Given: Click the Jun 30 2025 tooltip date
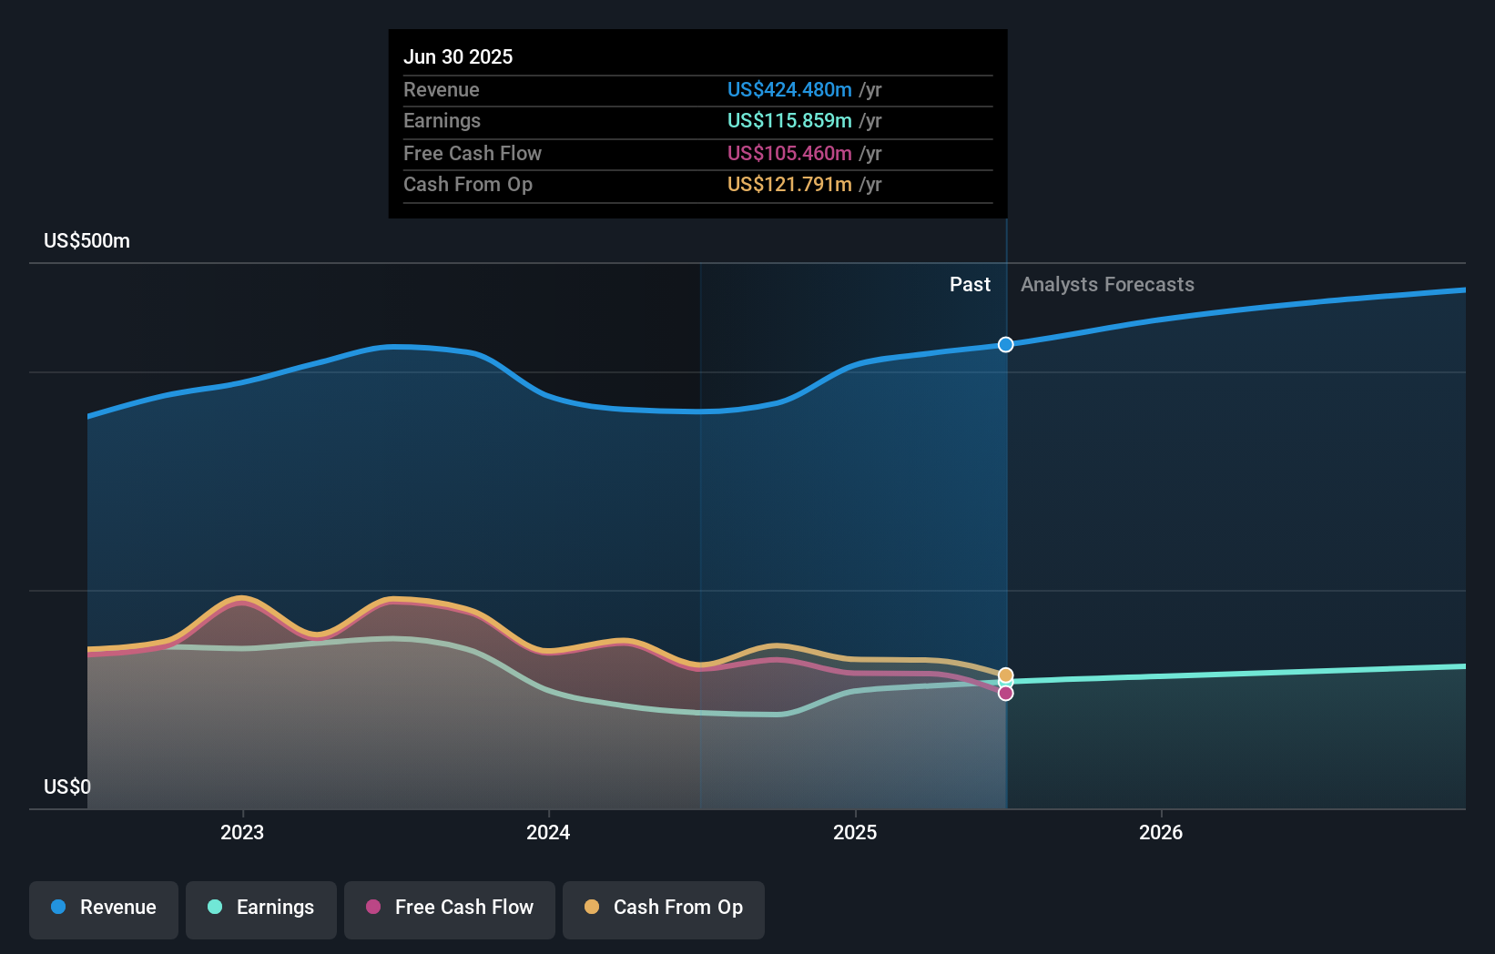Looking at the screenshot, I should [458, 56].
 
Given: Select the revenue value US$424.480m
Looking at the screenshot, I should [789, 90].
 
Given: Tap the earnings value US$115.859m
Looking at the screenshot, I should [789, 121].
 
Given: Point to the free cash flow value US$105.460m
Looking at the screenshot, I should [789, 154].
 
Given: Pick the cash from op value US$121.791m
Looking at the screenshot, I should [789, 185].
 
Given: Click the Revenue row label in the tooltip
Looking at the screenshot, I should [442, 90].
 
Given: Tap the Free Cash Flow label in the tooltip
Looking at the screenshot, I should [473, 154].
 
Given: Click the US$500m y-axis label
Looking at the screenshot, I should [87, 241].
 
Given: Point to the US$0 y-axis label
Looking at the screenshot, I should [67, 787].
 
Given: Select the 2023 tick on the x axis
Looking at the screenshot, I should [242, 832].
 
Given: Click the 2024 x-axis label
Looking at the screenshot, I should [548, 832].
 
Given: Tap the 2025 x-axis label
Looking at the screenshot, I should [855, 832].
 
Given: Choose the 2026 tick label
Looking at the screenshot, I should [1161, 832].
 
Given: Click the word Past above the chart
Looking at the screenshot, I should [970, 285].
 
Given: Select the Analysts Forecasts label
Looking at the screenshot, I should [1107, 285].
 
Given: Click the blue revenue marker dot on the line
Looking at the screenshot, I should [1005, 344].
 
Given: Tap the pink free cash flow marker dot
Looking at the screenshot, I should [1005, 694].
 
